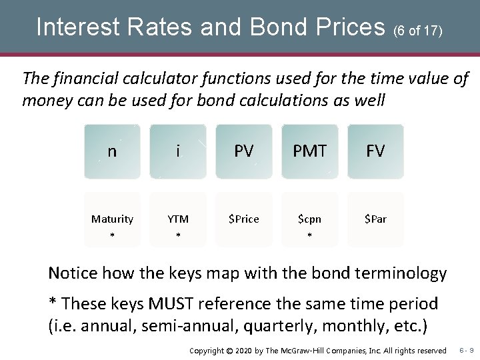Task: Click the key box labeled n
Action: tap(112, 151)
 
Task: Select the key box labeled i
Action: tap(178, 151)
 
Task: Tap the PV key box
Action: tap(244, 151)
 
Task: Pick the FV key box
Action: tap(375, 151)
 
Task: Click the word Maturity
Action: tap(112, 219)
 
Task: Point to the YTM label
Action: tap(178, 219)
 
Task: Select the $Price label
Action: tap(244, 219)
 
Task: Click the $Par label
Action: tap(375, 219)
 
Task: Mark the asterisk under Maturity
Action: tap(112, 236)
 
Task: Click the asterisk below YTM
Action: tap(178, 236)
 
